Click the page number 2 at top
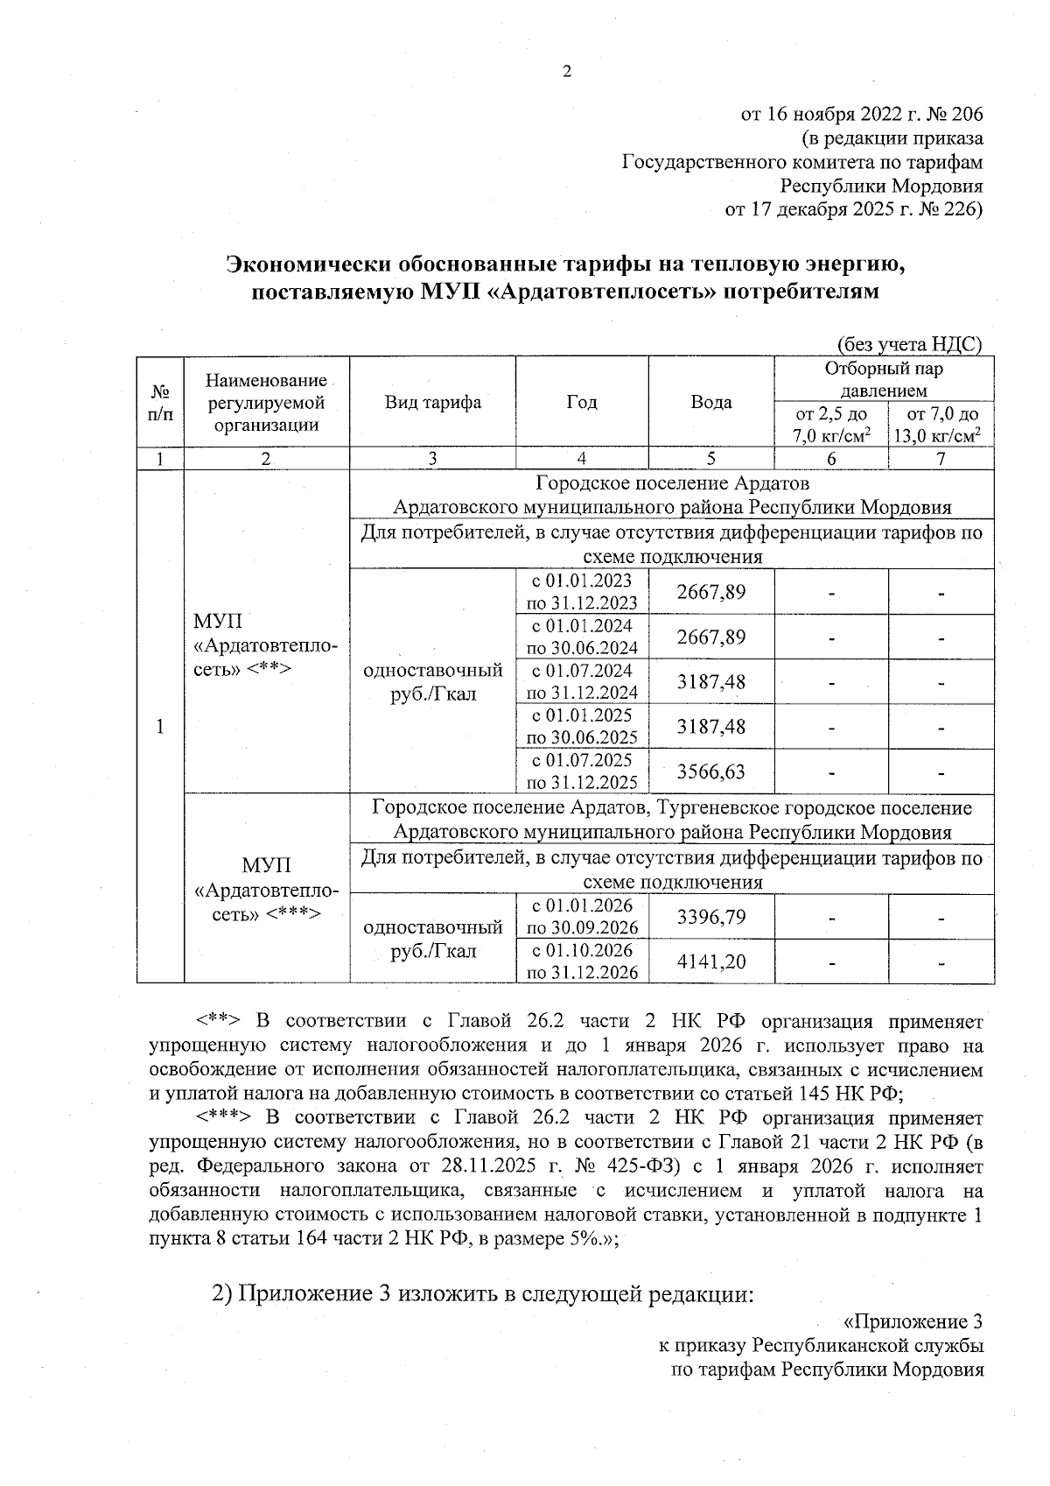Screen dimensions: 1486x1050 566,72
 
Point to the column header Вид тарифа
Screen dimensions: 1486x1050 432,403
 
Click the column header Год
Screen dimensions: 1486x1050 581,403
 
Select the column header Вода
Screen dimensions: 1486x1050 710,403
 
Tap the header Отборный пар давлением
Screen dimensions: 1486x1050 883,379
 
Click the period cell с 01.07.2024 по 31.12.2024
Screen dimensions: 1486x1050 581,681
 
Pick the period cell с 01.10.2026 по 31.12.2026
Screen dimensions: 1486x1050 581,961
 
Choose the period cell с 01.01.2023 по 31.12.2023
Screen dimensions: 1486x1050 581,592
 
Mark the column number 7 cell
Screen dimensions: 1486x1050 941,459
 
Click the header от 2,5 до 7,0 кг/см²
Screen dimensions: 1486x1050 830,424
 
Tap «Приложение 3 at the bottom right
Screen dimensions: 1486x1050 918,1321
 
